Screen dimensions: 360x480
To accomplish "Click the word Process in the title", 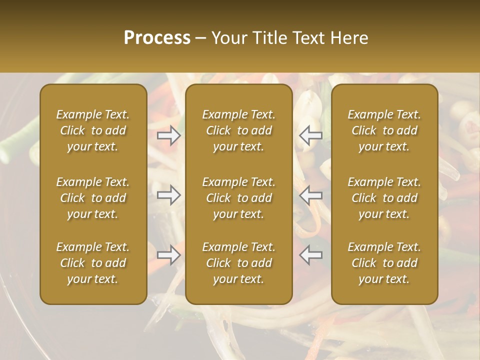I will coord(157,38).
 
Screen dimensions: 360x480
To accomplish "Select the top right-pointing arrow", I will coord(169,135).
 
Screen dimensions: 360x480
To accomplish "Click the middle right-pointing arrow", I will coord(169,195).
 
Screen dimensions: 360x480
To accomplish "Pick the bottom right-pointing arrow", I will coord(169,255).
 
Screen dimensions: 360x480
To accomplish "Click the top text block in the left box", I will coord(93,130).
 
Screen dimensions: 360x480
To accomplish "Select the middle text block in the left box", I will coord(93,198).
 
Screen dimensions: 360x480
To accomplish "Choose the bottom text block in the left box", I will coord(93,263).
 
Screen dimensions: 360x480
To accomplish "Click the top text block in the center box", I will coord(239,130).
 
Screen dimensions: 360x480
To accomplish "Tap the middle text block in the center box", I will coord(239,198).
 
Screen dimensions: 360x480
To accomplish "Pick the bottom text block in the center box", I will coord(239,263).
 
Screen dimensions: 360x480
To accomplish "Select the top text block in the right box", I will coord(384,130).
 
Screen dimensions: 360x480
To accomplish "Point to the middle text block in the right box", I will coord(384,198).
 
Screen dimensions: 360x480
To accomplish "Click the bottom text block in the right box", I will coord(384,263).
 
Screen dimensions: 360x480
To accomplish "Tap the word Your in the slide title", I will coord(228,38).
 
